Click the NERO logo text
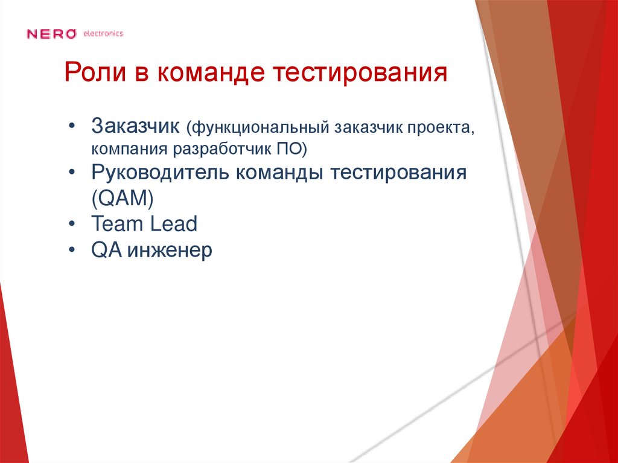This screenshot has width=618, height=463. click(x=51, y=34)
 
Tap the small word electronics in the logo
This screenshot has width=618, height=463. click(x=103, y=34)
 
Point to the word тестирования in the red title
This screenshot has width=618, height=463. click(x=362, y=74)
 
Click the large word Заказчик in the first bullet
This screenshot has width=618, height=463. click(x=136, y=127)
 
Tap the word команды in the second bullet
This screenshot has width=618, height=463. click(x=272, y=173)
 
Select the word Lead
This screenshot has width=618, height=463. click(x=173, y=224)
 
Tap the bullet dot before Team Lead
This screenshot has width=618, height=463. click(x=73, y=225)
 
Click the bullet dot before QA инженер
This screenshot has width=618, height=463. click(x=73, y=250)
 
